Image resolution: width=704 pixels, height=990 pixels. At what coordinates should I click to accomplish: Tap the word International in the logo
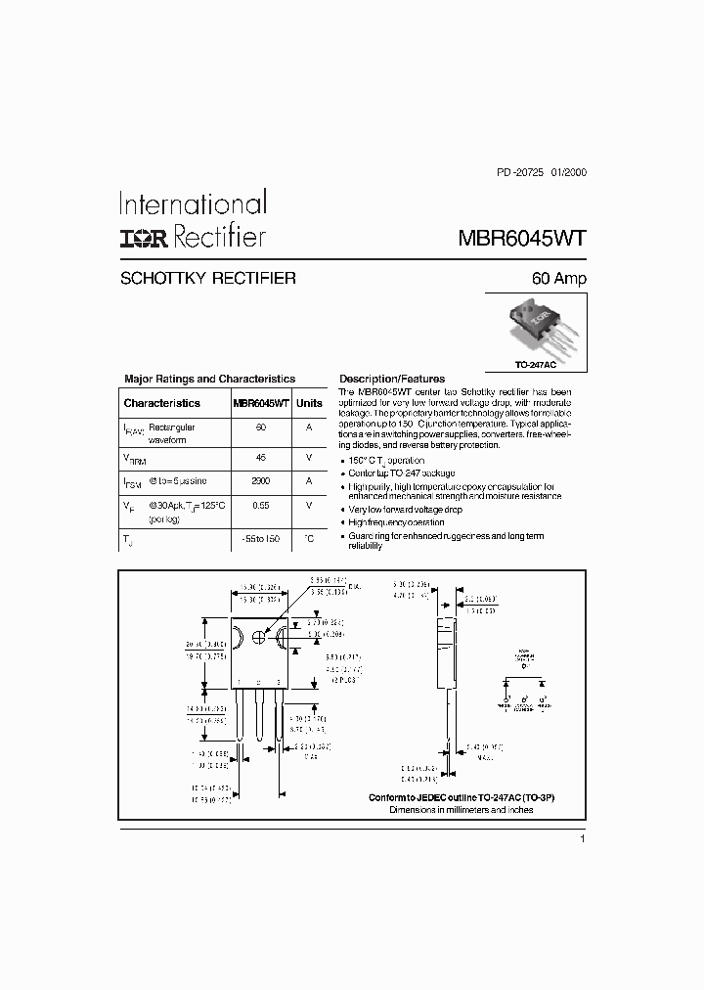193,203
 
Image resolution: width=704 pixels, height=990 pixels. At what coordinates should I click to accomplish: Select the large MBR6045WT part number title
522,238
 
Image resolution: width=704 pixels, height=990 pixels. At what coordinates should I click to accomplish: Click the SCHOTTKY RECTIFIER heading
207,279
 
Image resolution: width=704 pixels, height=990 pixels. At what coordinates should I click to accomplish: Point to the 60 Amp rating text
558,279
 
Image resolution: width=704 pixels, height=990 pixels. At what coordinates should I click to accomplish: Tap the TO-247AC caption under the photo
536,364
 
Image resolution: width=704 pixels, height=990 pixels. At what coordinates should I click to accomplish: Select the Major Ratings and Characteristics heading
209,379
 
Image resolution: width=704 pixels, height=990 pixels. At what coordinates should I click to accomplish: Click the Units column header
309,403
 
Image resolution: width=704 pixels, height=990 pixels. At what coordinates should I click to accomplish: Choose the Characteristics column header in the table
161,403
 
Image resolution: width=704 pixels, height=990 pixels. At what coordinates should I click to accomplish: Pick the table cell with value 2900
261,481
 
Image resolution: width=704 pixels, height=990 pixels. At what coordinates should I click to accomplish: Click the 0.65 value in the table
261,505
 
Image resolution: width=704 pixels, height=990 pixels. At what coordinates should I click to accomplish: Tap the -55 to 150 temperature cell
261,539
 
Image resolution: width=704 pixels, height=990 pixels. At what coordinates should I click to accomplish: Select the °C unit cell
309,539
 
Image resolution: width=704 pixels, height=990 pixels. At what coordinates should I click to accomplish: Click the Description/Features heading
391,379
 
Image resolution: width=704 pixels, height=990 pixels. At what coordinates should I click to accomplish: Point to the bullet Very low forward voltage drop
406,510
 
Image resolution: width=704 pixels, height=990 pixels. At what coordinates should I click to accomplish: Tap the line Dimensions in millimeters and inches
462,811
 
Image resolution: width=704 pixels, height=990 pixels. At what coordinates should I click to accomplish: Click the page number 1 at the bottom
582,839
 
